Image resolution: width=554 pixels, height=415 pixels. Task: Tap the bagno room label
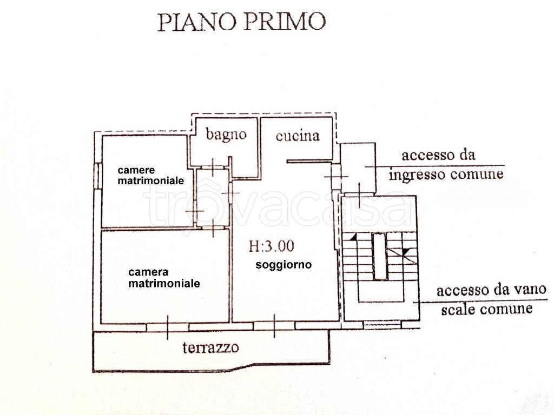click(x=226, y=135)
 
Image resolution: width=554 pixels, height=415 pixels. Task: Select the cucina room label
click(x=298, y=135)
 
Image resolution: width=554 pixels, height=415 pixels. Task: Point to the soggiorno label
click(x=283, y=265)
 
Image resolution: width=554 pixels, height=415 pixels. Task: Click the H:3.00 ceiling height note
click(x=272, y=246)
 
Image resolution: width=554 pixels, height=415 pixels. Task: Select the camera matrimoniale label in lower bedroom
click(x=163, y=277)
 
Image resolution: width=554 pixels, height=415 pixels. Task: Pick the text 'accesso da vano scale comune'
click(x=484, y=300)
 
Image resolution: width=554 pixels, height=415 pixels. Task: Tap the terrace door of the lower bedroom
click(x=168, y=326)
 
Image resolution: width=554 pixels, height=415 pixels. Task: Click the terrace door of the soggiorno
click(x=274, y=326)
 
